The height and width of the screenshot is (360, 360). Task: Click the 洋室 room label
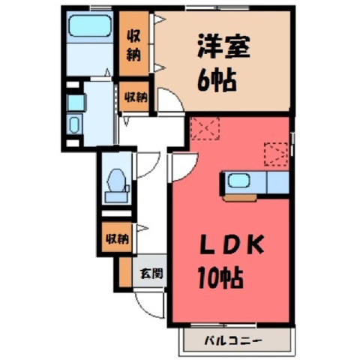[223, 47]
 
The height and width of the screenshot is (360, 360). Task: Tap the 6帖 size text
[217, 80]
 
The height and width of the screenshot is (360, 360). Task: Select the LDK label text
[232, 245]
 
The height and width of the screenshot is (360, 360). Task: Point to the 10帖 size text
[220, 277]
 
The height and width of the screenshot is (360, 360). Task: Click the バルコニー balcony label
[233, 340]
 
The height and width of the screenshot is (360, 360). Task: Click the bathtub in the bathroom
[90, 26]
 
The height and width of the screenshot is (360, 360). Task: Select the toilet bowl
[116, 181]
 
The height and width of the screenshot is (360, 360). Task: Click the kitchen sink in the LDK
[239, 181]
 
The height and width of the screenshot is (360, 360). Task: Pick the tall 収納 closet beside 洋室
[133, 43]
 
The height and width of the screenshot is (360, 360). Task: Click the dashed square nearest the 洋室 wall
[205, 128]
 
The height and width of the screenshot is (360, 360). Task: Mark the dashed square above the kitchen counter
[276, 154]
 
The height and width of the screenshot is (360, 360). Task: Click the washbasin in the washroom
[74, 124]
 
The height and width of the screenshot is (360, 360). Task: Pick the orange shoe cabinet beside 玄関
[125, 272]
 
